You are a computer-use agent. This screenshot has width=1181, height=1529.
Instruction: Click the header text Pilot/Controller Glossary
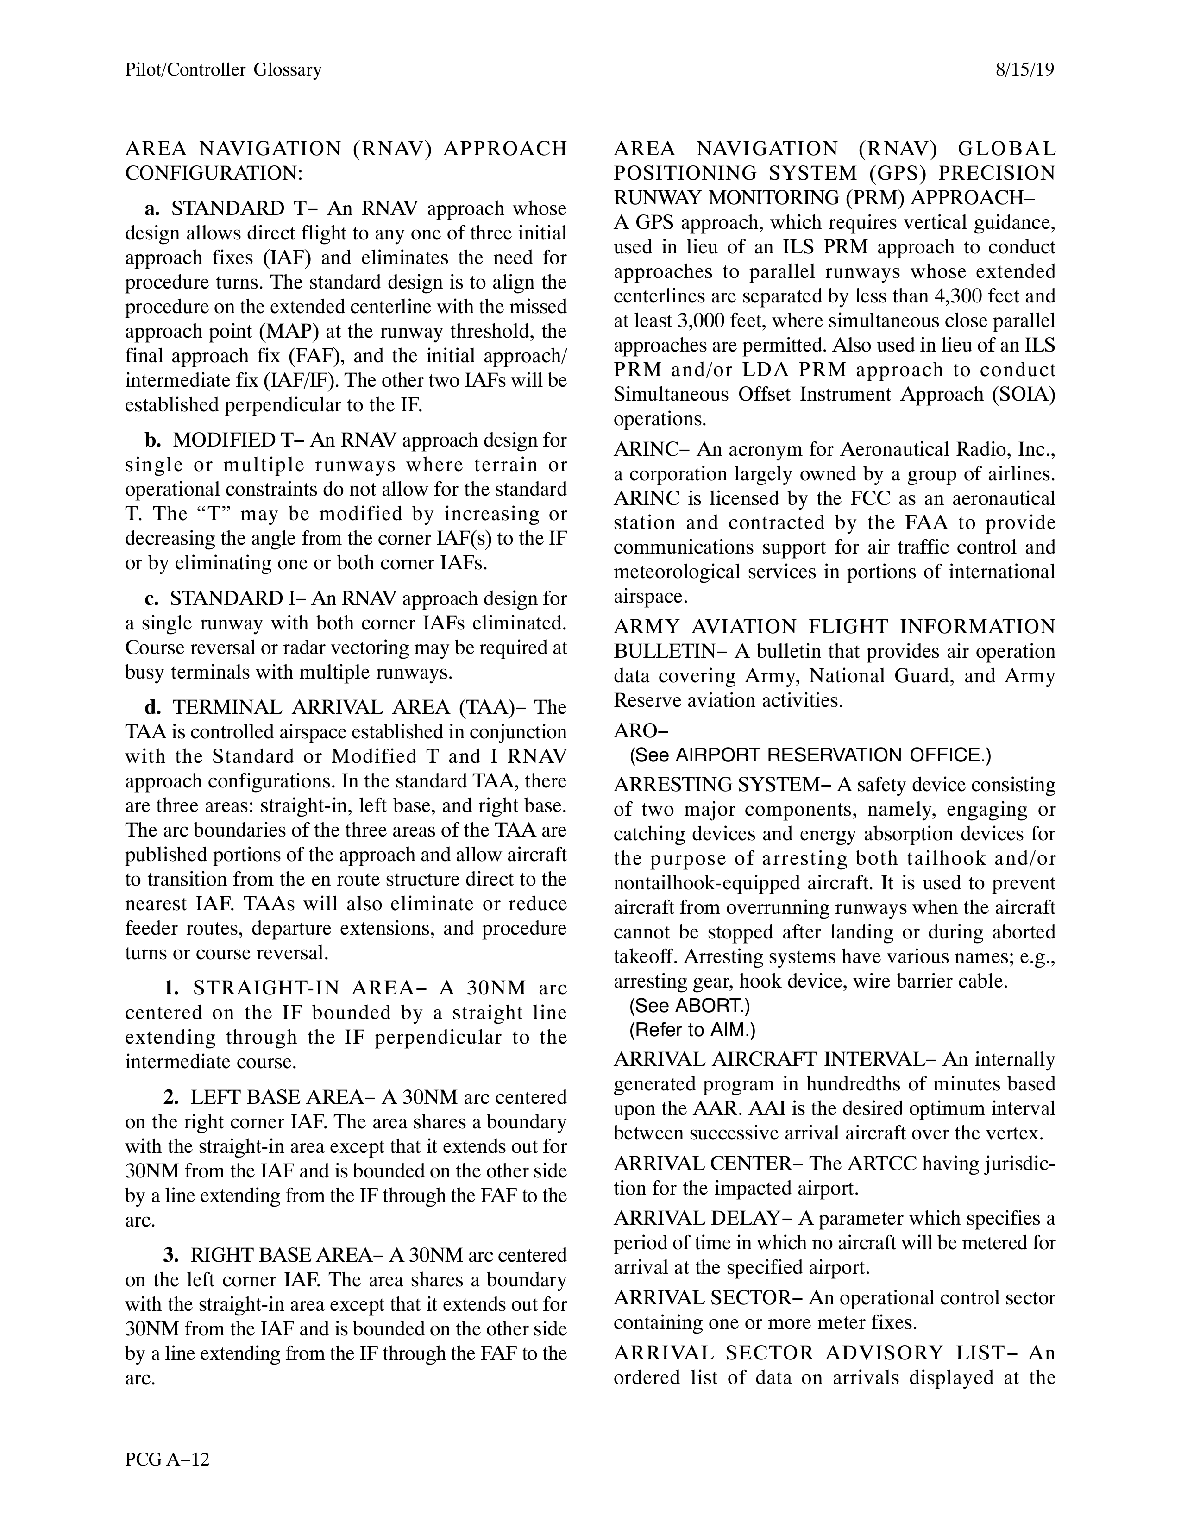(223, 70)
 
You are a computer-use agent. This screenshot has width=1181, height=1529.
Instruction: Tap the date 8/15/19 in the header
(1024, 70)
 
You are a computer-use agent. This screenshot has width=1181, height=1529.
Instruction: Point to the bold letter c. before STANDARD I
(151, 598)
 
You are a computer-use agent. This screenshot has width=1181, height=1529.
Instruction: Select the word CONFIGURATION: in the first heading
(214, 173)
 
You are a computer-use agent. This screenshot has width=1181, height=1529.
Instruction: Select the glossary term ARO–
(641, 730)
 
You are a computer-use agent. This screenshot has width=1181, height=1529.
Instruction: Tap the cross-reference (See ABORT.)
(690, 1006)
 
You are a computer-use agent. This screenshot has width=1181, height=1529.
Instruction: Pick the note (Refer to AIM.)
(693, 1030)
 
